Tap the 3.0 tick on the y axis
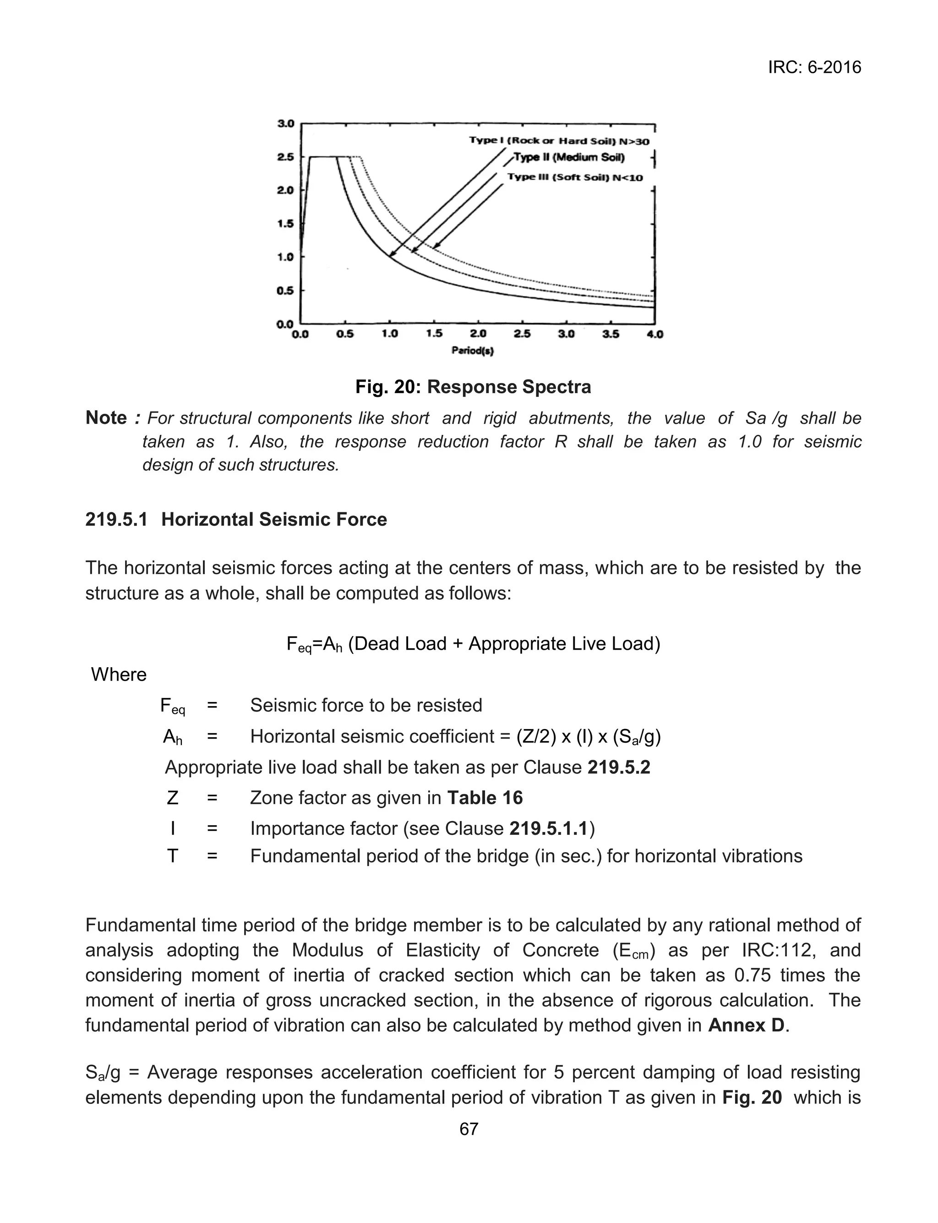coord(286,123)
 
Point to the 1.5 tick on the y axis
coord(286,224)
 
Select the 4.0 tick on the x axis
coord(654,335)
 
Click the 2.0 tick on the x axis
coord(478,335)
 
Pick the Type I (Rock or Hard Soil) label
coord(559,141)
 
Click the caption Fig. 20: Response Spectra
coord(473,387)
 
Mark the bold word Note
coord(106,418)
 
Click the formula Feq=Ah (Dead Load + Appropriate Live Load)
coord(473,644)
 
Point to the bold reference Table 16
coord(485,797)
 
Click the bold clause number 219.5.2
coord(619,768)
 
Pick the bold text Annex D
coord(747,1026)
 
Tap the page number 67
coord(469,1129)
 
